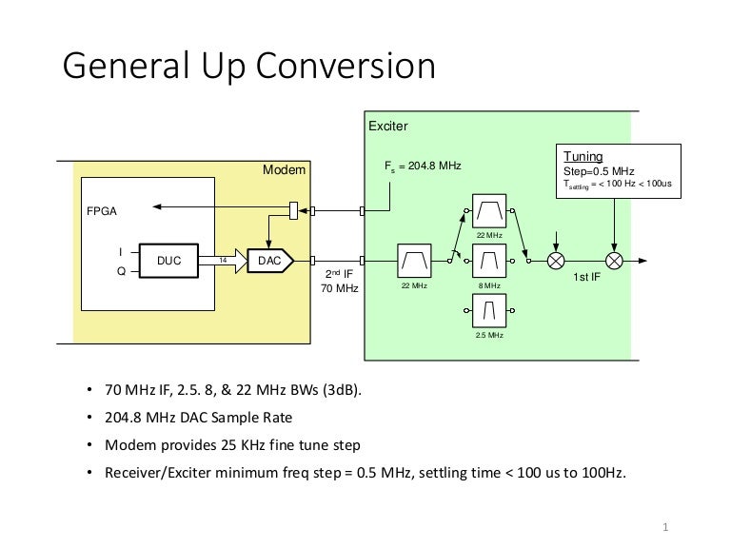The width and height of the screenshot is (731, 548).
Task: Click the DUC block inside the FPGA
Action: tap(168, 259)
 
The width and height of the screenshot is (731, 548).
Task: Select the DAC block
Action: tap(269, 259)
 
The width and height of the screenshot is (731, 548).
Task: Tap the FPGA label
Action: tap(103, 211)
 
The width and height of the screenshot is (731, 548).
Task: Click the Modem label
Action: tap(284, 169)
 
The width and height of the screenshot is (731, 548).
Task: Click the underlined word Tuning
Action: tap(583, 156)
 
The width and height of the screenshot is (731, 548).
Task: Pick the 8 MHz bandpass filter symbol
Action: tap(489, 258)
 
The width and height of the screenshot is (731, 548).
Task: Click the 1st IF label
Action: tap(585, 278)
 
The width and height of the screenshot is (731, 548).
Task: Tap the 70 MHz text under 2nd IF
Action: tap(340, 288)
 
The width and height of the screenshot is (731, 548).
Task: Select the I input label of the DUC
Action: tap(119, 251)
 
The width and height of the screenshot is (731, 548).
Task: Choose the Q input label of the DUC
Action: tap(119, 270)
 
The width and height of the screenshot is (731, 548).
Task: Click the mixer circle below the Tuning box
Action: tap(615, 259)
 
